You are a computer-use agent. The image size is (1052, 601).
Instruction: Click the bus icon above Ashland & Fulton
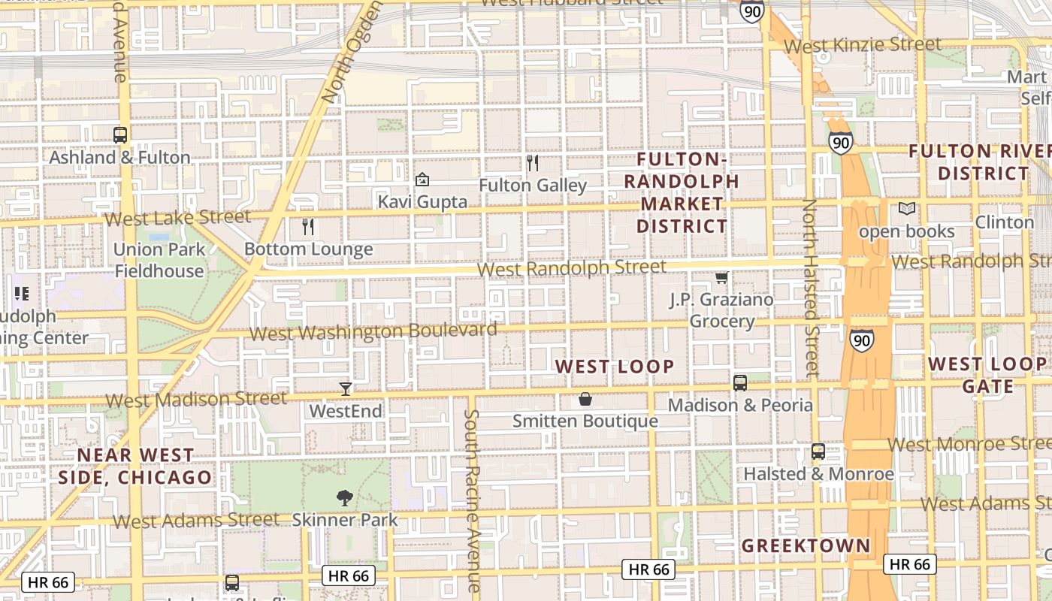pos(119,135)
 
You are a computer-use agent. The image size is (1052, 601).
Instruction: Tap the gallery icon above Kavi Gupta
pos(422,180)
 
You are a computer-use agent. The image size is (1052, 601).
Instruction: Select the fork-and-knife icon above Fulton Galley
pos(533,162)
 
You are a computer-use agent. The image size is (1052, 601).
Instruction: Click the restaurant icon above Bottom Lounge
pos(307,226)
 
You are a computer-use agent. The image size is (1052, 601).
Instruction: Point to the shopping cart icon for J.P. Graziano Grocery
pos(721,278)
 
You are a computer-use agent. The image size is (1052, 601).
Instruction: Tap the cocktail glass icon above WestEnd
pos(346,388)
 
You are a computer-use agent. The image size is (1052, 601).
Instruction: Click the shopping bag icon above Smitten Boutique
pos(585,399)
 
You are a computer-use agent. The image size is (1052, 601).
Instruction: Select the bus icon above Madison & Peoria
pos(740,383)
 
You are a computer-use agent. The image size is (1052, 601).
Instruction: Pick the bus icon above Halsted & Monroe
pos(818,452)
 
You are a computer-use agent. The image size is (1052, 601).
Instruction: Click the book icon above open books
pos(907,209)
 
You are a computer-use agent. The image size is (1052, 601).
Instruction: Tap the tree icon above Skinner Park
pos(345,497)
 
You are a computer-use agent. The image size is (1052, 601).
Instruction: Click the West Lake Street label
pos(178,218)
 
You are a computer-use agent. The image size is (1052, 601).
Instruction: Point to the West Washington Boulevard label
pos(373,331)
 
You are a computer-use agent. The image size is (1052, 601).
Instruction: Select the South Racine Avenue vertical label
pos(472,500)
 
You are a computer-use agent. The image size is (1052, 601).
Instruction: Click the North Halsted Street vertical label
pos(810,287)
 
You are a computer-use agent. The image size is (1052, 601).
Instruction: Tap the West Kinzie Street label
pos(852,46)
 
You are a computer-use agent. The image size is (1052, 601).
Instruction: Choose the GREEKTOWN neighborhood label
pos(806,546)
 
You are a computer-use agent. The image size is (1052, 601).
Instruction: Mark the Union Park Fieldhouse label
pos(159,260)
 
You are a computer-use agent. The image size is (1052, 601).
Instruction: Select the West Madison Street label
pos(196,399)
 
